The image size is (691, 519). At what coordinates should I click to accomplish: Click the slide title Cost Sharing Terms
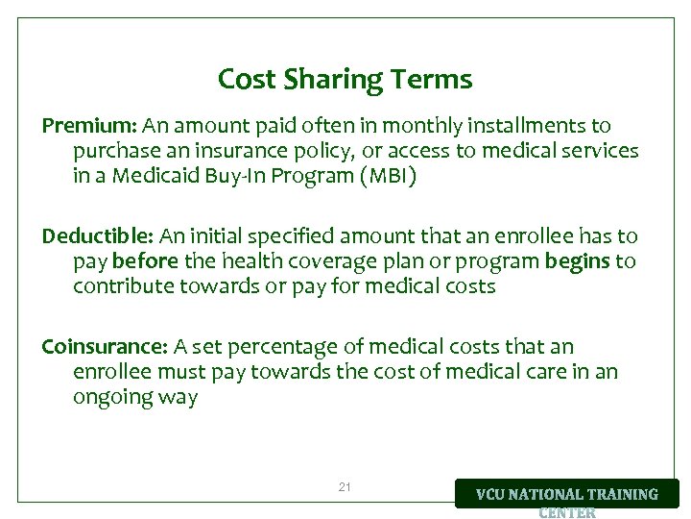pyautogui.click(x=345, y=79)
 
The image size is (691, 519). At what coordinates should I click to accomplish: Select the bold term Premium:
pyautogui.click(x=90, y=126)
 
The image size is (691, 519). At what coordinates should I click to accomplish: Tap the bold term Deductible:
pyautogui.click(x=97, y=236)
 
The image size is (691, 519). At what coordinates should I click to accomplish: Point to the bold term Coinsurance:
pyautogui.click(x=105, y=347)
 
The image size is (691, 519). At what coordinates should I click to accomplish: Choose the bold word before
pyautogui.click(x=144, y=261)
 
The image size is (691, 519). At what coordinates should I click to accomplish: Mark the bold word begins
pyautogui.click(x=577, y=261)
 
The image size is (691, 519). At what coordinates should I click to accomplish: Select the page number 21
pyautogui.click(x=345, y=487)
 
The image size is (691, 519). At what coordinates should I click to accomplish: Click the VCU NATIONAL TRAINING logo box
pyautogui.click(x=566, y=494)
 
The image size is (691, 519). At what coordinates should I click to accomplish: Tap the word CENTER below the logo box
pyautogui.click(x=566, y=512)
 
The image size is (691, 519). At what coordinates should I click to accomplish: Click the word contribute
pyautogui.click(x=123, y=286)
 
